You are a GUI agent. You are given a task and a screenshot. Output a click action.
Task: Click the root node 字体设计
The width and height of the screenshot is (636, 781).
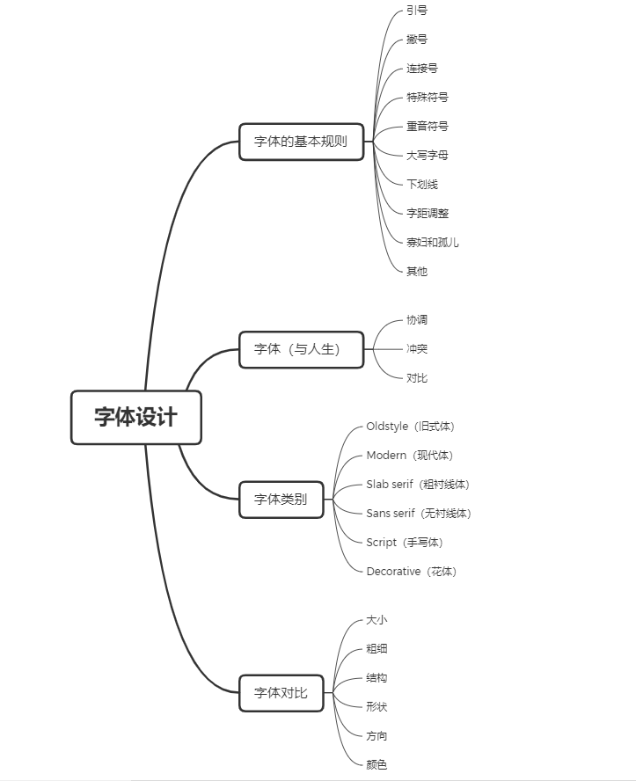pos(136,418)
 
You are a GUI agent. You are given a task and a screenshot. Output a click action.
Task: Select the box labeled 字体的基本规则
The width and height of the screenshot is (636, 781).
pos(302,142)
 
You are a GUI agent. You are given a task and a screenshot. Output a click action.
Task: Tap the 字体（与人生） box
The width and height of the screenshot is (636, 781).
pos(302,350)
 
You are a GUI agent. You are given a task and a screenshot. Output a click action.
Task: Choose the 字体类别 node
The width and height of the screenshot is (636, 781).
pos(281,500)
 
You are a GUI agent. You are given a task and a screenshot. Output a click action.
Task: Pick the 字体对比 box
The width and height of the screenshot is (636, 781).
pos(281,693)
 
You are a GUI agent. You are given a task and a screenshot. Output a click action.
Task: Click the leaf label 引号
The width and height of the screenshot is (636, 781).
pos(417,11)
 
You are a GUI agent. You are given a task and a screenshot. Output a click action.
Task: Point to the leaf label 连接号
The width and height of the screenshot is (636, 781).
pos(422,69)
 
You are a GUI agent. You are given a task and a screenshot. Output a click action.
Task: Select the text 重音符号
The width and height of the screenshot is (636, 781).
pos(428,127)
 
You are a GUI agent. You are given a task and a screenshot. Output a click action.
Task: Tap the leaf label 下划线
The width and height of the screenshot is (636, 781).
pos(422,185)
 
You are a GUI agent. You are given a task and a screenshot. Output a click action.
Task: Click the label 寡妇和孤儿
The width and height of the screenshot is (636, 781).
pos(432,243)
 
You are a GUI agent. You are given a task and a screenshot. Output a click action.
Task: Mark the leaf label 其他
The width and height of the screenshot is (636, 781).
pos(417,272)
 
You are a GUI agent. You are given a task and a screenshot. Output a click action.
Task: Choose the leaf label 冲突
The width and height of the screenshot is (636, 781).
pos(417,348)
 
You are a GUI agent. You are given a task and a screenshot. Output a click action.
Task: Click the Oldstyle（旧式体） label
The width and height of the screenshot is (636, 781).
pos(411,427)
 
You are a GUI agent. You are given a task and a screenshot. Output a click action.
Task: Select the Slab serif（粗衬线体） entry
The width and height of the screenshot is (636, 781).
pos(418,484)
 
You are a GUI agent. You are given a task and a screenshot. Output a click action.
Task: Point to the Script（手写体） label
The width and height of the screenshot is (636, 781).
pos(405,543)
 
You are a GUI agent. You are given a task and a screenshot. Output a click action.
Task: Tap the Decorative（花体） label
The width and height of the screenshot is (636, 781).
pos(412,572)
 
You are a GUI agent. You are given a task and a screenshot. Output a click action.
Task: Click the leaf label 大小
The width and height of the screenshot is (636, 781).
pos(376,620)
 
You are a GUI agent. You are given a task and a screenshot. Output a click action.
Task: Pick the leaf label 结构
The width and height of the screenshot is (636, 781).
pos(376,678)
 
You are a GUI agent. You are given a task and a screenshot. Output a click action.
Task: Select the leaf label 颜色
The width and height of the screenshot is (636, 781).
pos(376,764)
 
